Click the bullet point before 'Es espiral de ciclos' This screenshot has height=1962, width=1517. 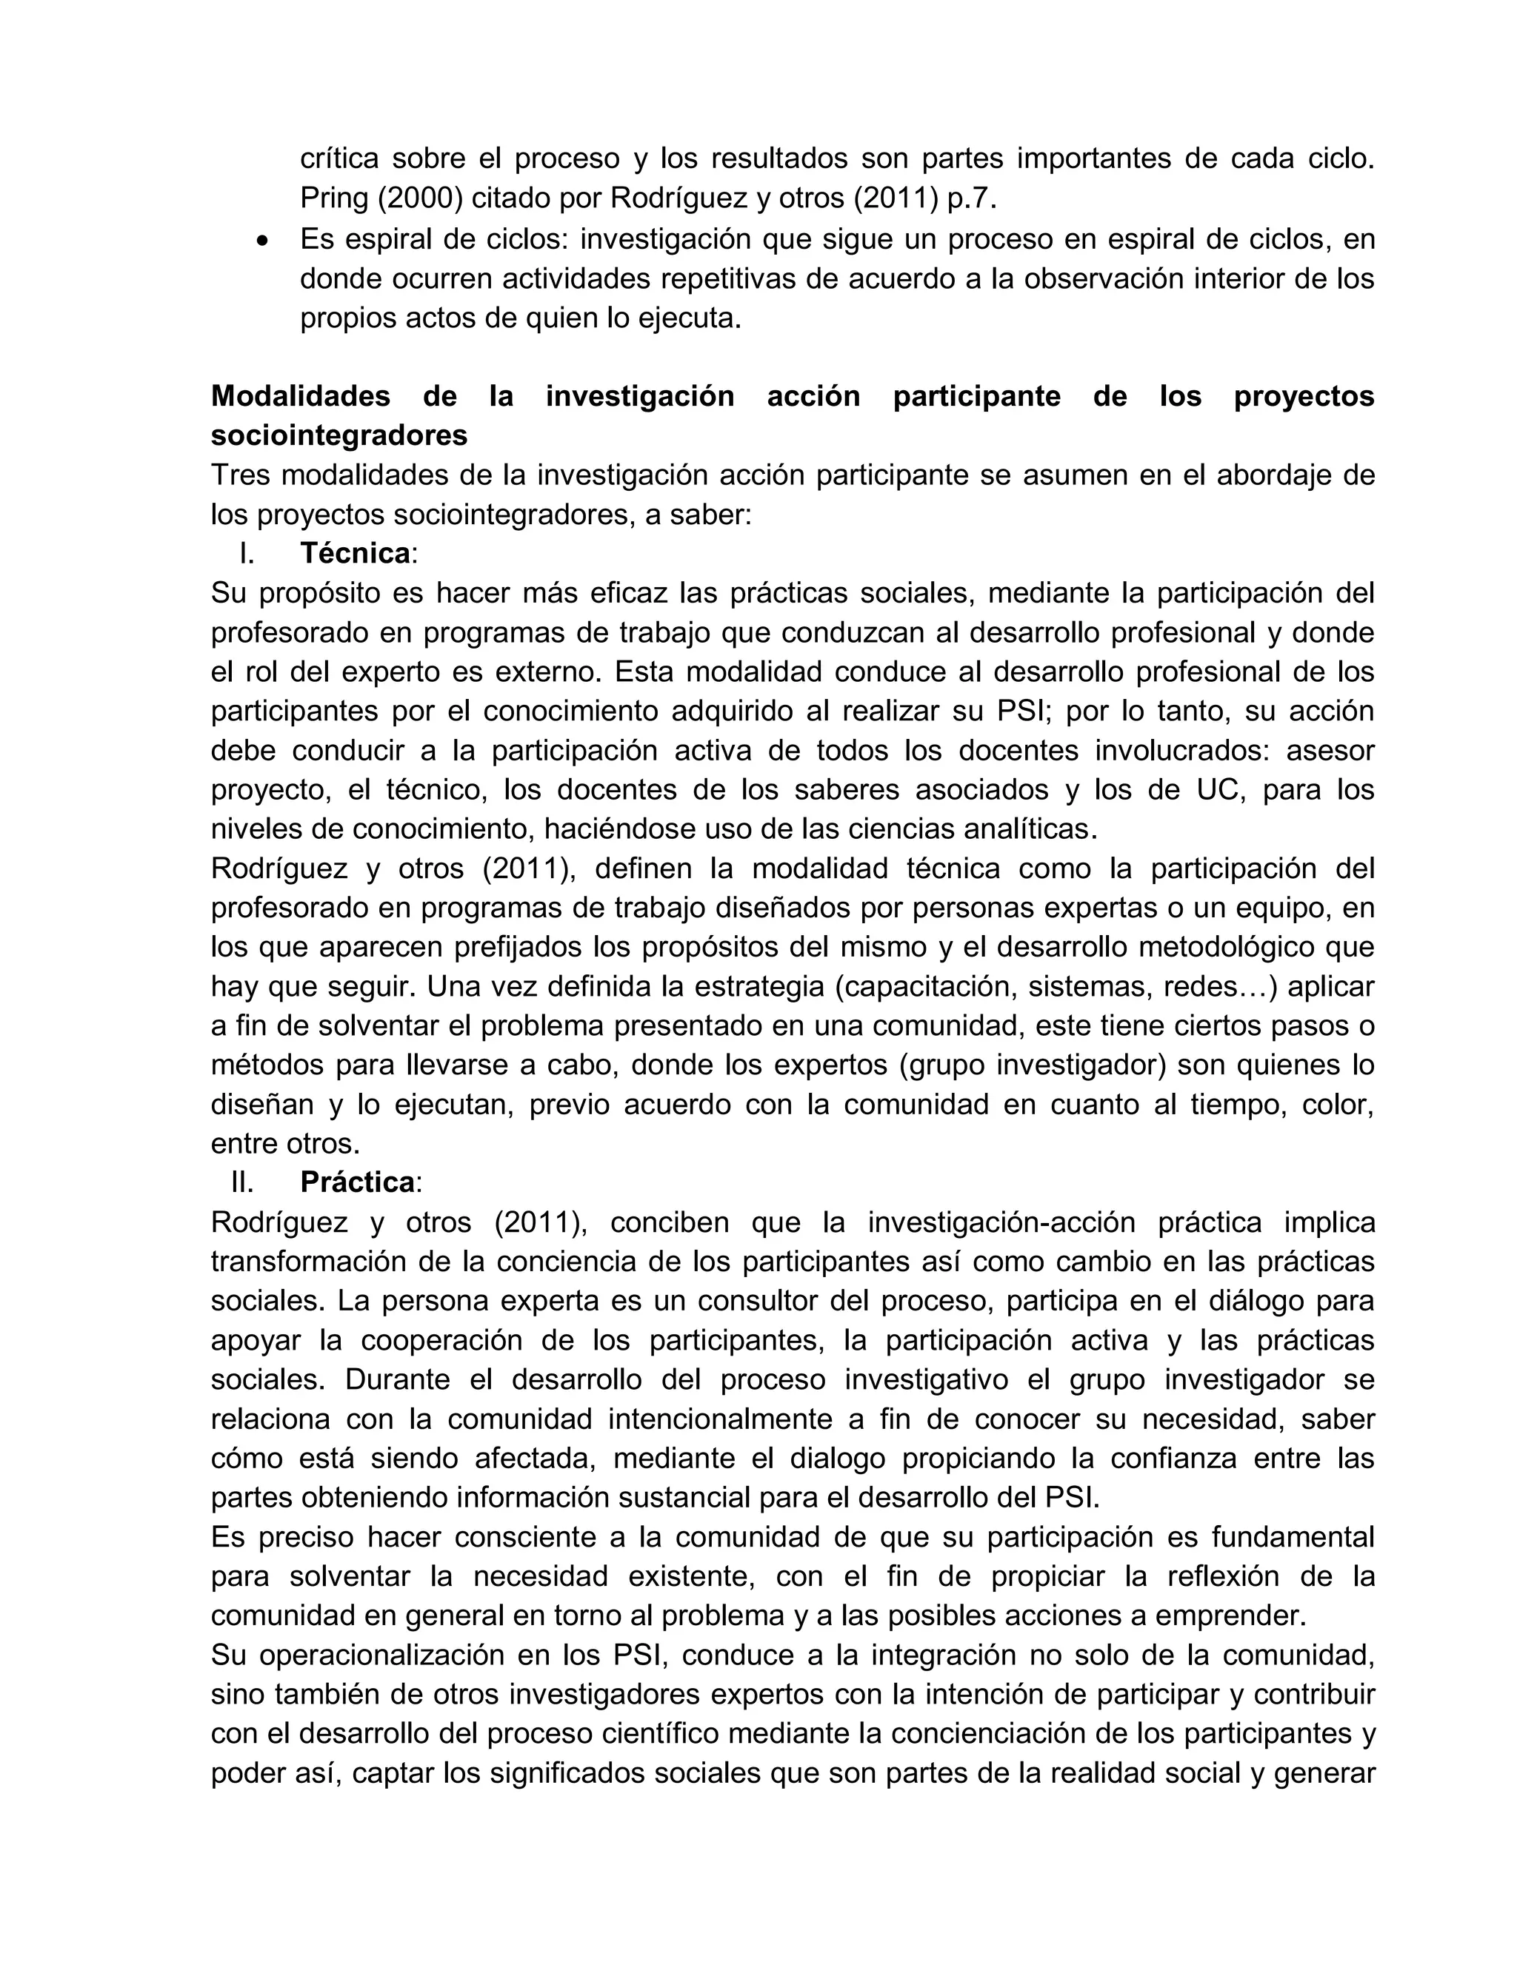(x=262, y=241)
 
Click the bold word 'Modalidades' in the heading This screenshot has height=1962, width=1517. (x=300, y=396)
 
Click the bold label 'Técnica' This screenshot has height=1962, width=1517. (x=355, y=553)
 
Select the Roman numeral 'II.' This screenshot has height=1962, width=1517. (x=243, y=1183)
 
